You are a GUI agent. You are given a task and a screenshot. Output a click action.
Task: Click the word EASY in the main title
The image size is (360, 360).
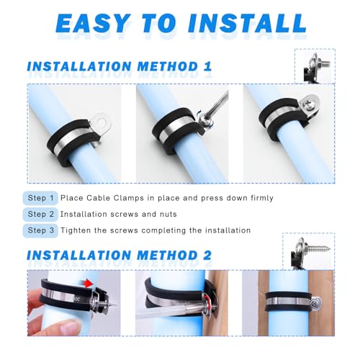pos(94,23)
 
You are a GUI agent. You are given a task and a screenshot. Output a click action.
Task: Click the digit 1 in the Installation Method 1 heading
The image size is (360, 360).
pos(207,66)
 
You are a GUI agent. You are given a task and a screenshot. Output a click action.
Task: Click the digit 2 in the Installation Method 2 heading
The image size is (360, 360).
pos(207,255)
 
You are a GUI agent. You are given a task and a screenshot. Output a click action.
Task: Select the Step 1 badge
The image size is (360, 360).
pos(40,198)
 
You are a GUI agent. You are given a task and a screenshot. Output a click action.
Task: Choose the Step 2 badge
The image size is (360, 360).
pos(40,214)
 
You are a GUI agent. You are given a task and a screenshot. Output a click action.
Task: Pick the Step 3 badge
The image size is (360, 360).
pos(40,230)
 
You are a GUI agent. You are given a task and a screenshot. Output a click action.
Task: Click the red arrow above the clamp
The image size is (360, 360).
pos(89,284)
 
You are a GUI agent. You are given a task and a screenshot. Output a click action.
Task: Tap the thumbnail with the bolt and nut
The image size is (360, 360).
pos(315,66)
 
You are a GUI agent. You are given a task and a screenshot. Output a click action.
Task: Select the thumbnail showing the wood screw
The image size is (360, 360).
pos(309,251)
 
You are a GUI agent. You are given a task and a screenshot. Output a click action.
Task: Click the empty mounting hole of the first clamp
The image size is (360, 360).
pos(103,122)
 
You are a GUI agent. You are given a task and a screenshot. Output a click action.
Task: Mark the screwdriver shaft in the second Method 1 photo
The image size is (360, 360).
pos(219,103)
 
